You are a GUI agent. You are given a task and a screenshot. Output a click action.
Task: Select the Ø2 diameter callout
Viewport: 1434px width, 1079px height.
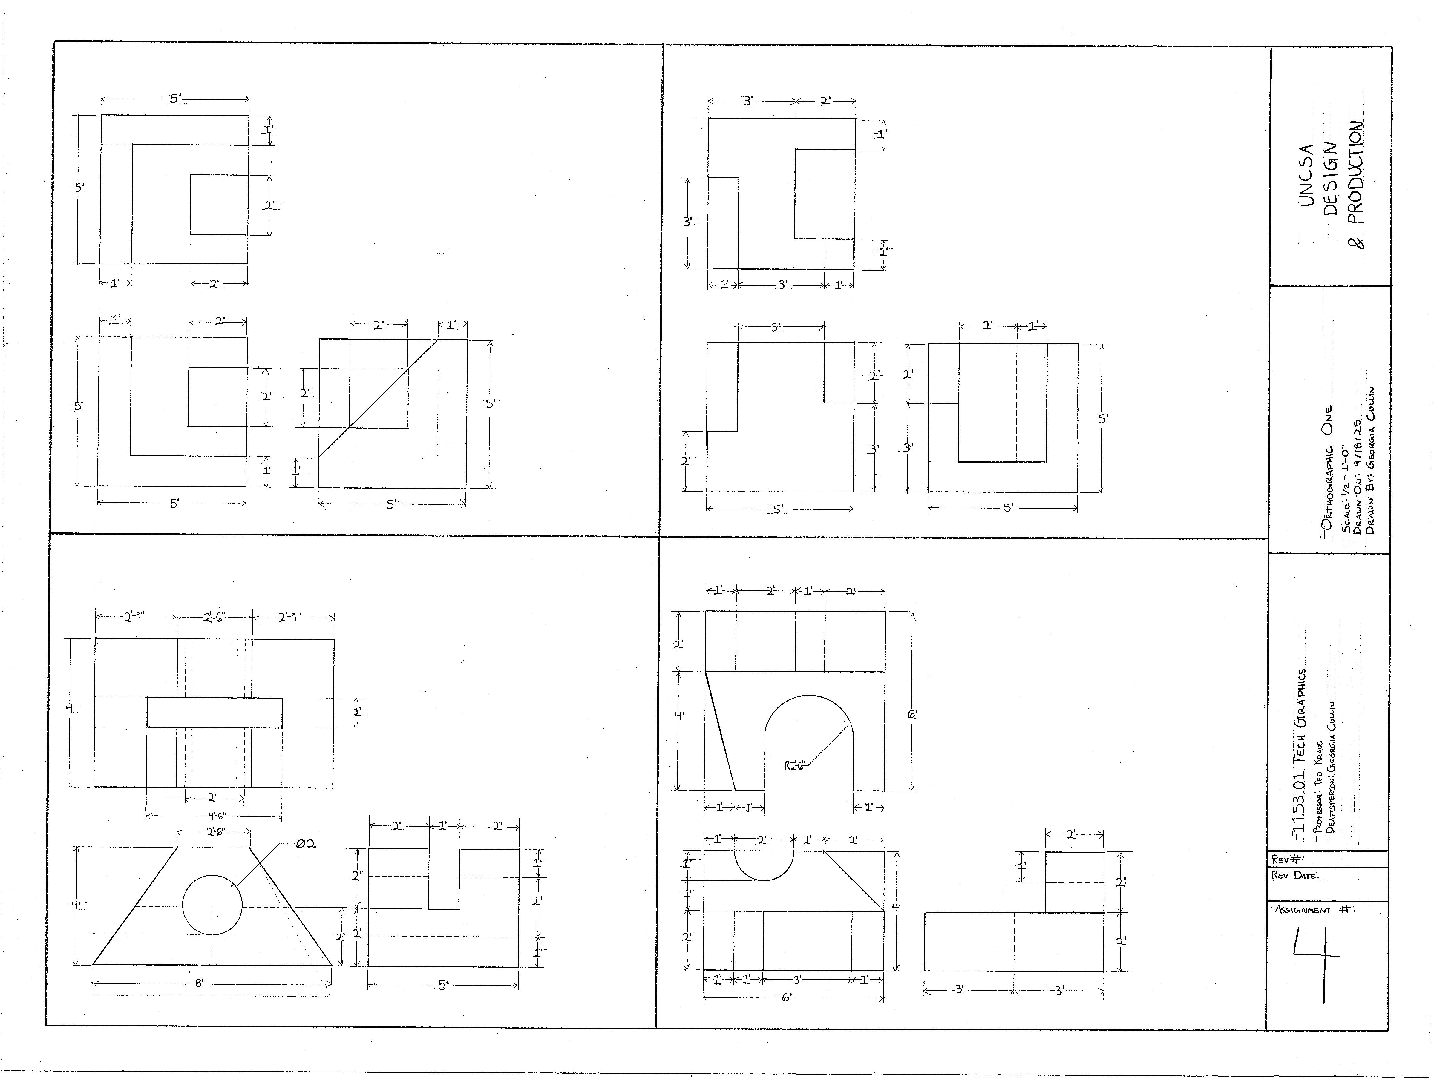tap(305, 844)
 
